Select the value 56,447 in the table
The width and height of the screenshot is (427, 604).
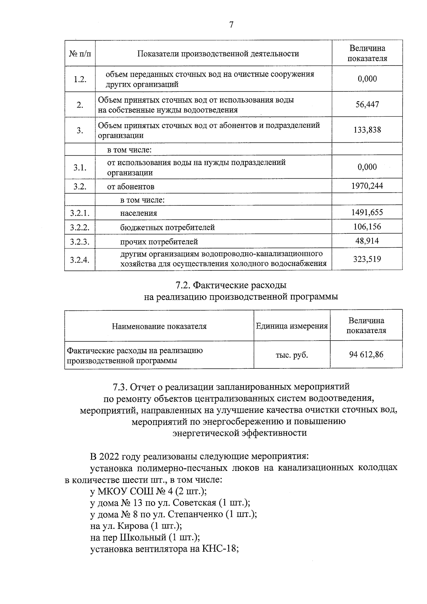pos(367,104)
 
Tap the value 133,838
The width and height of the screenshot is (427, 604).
pos(367,130)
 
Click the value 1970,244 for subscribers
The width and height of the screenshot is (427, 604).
pos(367,185)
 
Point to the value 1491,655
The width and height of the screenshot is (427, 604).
pos(367,212)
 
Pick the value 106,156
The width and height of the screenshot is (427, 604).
pos(367,226)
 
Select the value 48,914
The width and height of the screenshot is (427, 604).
pos(367,241)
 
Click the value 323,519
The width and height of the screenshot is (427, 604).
pos(367,259)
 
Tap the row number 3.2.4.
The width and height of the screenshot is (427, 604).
pos(80,259)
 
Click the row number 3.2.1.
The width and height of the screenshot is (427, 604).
pos(80,213)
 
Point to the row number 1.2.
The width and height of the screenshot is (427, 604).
pos(80,79)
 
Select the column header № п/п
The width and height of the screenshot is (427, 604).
pos(80,54)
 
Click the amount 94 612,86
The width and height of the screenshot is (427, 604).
pos(367,354)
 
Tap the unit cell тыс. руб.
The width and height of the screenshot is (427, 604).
pos(292,355)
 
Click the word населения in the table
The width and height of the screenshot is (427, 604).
pos(138,213)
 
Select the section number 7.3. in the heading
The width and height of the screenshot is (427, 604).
pos(120,387)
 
